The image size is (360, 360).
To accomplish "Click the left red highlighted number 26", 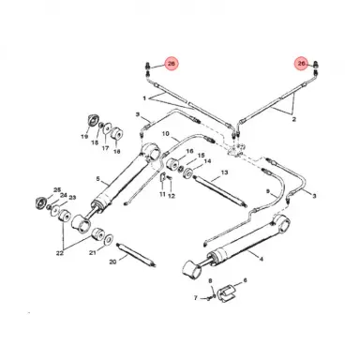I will tap(171, 64).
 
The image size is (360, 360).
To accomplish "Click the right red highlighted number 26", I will tap(301, 64).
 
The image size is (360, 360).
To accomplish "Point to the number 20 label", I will tap(112, 262).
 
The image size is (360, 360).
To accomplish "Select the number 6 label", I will tap(245, 280).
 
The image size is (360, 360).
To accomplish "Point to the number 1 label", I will tap(143, 97).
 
